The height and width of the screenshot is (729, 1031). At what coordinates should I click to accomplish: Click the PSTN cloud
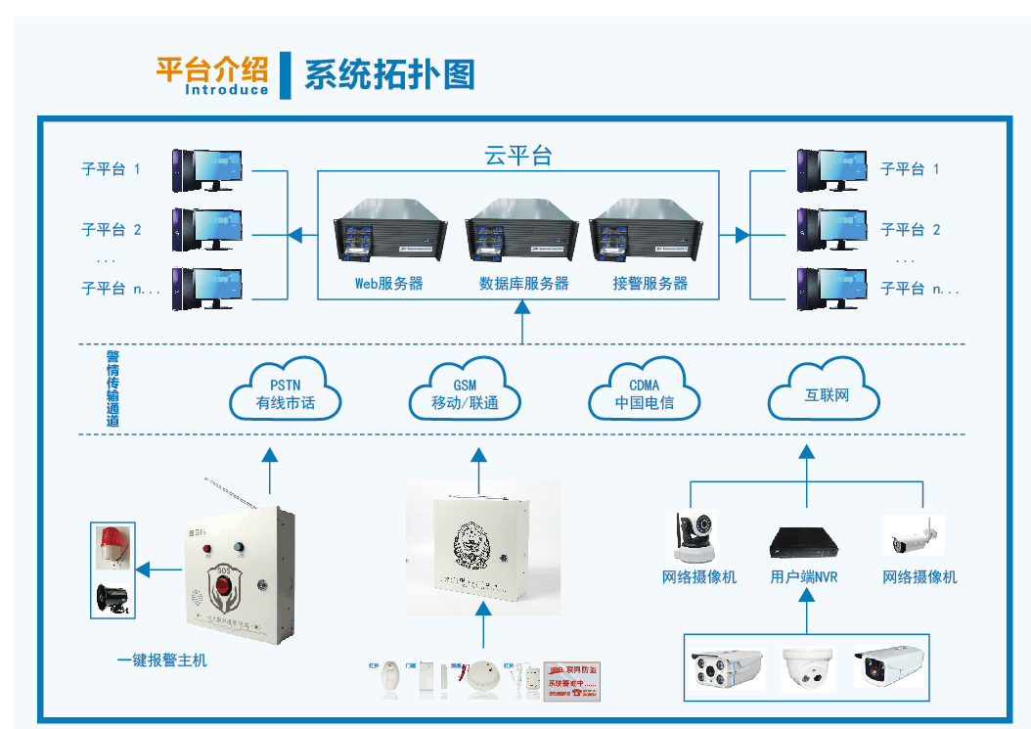pos(286,392)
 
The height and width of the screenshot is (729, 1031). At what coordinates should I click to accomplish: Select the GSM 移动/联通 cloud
pos(465,392)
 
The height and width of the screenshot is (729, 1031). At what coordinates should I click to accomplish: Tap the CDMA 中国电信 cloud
pos(644,392)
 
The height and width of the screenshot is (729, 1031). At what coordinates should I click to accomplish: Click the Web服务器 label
pos(388,284)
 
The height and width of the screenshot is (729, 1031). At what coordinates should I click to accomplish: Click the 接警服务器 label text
pos(650,284)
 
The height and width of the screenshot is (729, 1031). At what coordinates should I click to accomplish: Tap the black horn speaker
pos(111,598)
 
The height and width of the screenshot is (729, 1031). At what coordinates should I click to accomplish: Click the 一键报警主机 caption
pos(162,661)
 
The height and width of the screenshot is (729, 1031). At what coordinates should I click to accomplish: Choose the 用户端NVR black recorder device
pos(804,540)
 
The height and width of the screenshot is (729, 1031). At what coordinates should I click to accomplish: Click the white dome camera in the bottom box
pos(808,668)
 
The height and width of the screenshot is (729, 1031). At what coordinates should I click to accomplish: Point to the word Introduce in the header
pos(226,90)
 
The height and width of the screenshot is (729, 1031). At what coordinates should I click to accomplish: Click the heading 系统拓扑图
pos(389,74)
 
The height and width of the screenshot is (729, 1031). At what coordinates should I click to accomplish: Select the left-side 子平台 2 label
pos(112,230)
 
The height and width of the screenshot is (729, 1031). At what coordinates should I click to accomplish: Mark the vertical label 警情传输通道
pos(112,389)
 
